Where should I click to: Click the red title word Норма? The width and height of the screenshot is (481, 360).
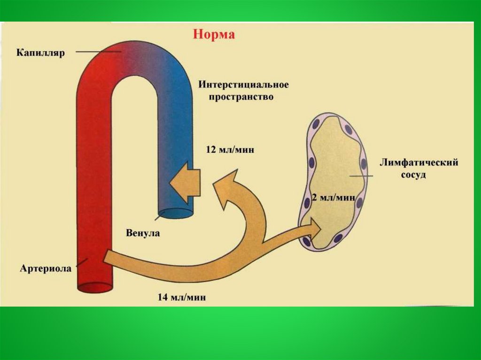215,35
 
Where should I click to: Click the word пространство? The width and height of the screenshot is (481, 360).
236,98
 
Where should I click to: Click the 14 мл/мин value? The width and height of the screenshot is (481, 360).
182,297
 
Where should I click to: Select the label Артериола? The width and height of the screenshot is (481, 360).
46,268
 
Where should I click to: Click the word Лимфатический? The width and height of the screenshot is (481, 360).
419,162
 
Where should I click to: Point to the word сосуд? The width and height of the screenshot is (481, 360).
413,175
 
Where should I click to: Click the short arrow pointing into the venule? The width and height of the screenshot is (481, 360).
185,183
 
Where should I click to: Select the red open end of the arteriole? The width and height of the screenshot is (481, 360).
94,287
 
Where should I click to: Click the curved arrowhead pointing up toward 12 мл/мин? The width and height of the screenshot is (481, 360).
229,185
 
